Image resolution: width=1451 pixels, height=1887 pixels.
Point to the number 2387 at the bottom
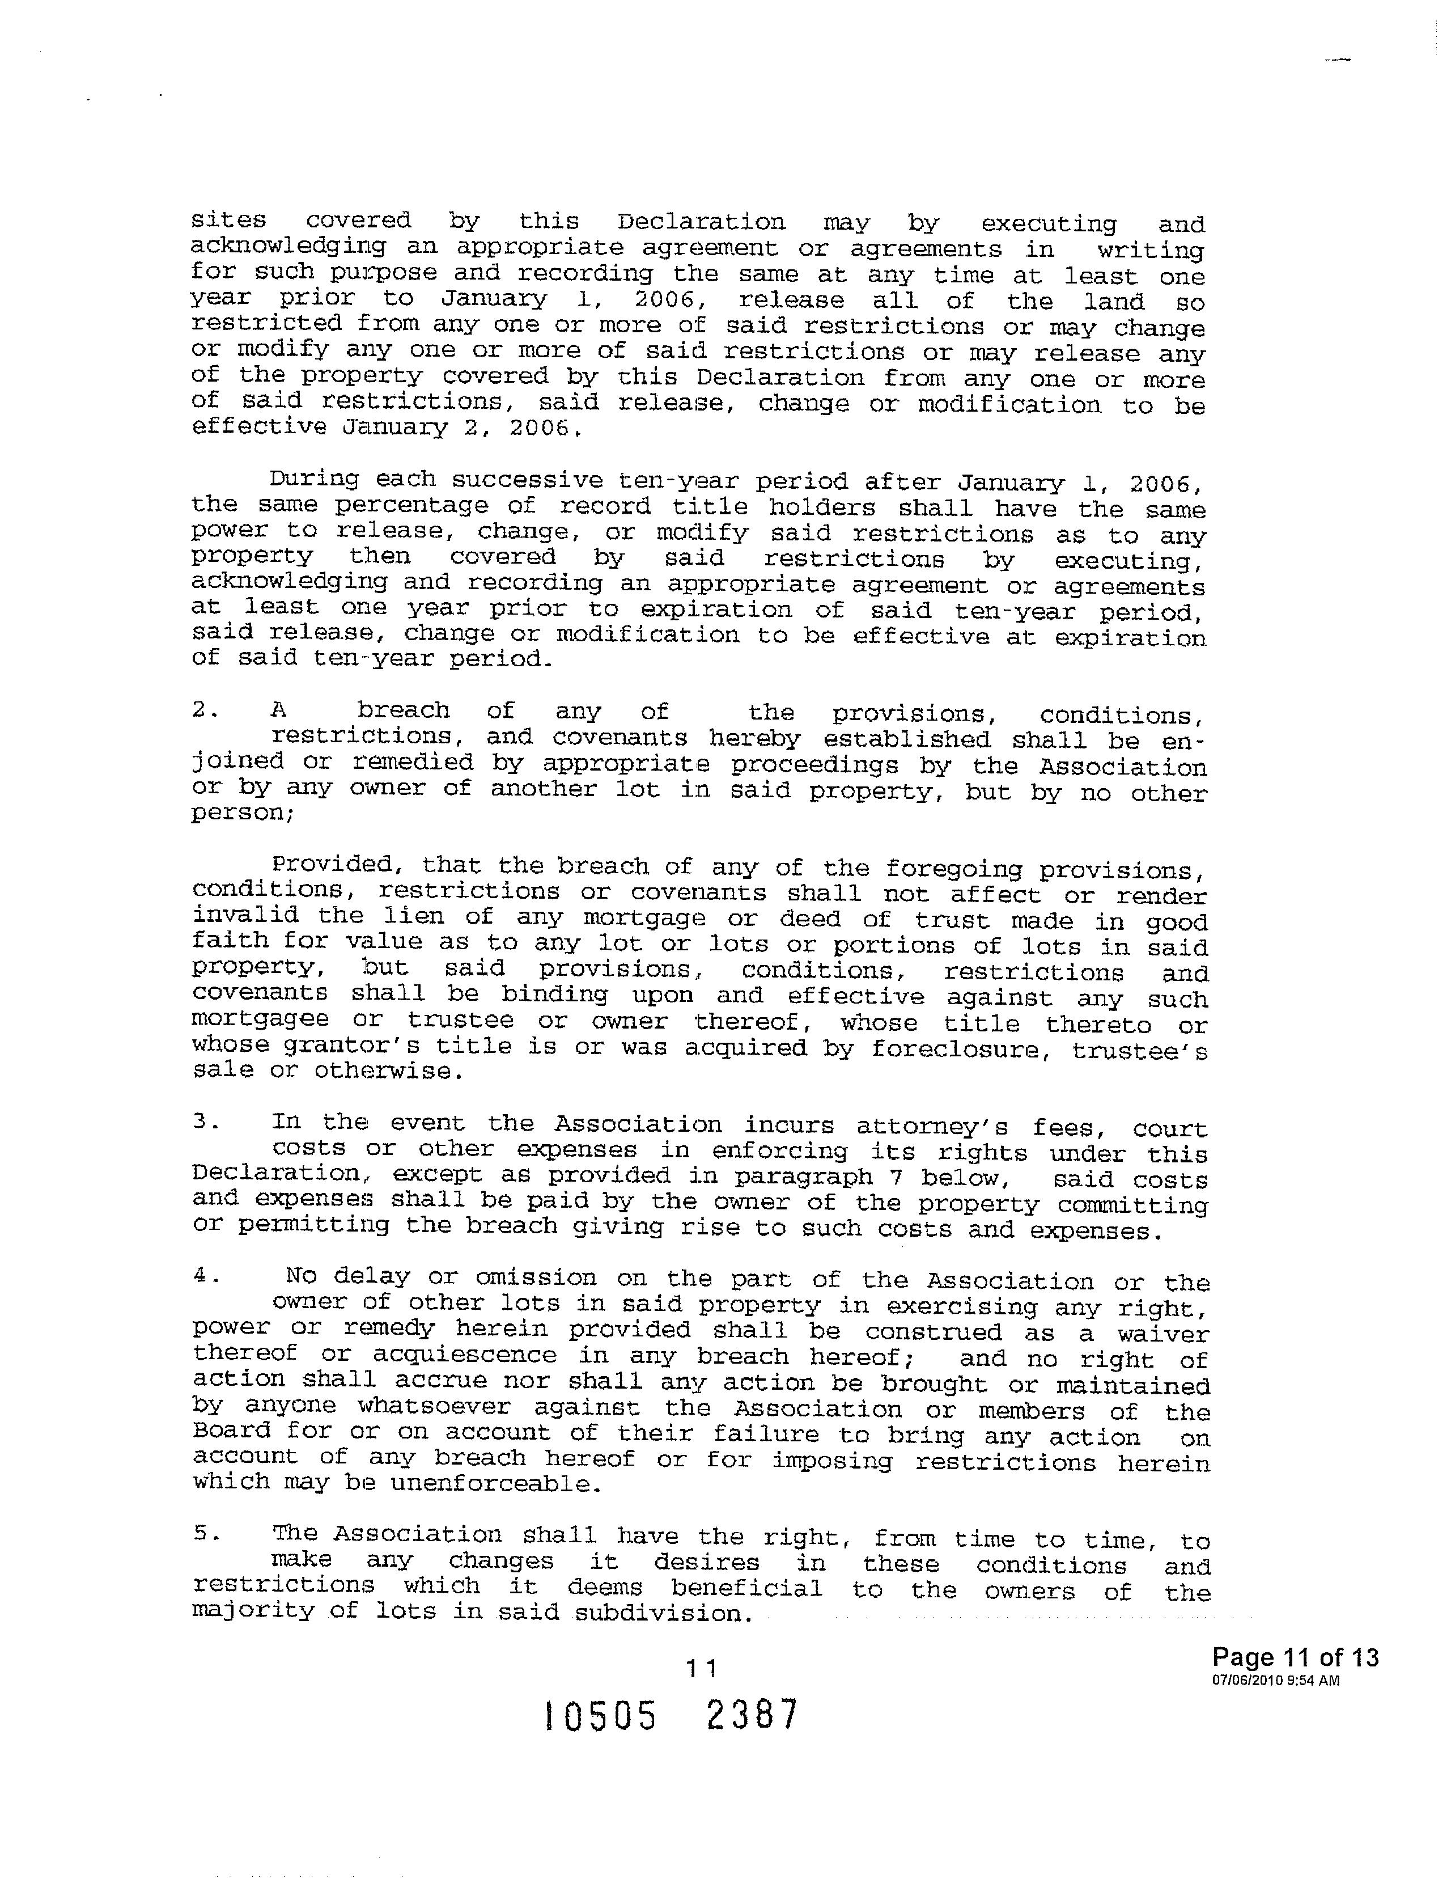pos(752,1715)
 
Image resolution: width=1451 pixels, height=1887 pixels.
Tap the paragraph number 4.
pos(204,1276)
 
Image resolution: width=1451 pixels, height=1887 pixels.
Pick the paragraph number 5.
pos(204,1534)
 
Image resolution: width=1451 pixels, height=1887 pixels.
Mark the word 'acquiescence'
pos(465,1355)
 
